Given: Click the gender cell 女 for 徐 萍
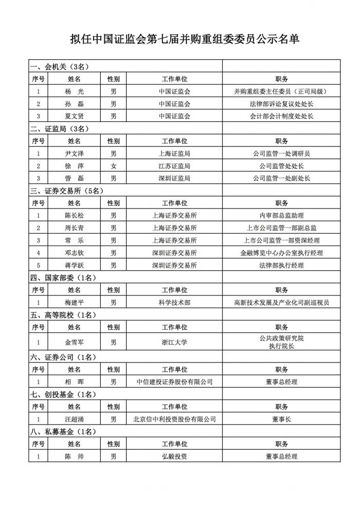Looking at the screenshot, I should (113, 166).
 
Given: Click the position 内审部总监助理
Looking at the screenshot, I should (281, 216).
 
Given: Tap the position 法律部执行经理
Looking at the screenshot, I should (281, 266).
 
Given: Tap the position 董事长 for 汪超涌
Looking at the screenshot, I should (281, 419).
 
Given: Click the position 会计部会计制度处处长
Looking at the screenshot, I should (281, 116).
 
